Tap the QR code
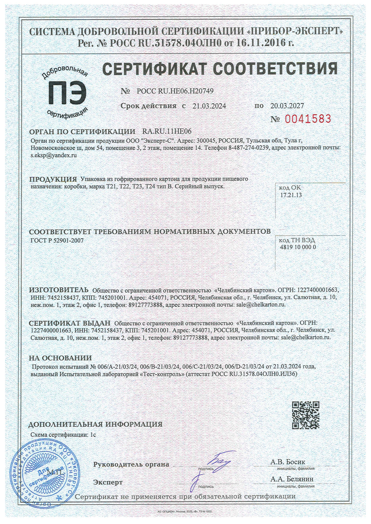coord(305,415)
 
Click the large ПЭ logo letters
coord(68,93)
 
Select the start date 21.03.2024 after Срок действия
coord(209,106)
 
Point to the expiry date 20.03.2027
coord(287,106)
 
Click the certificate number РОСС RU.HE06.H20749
coord(175,91)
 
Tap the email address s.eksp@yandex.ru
coord(54,155)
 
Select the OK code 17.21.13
coord(291,195)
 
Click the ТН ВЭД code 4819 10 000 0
coord(298,247)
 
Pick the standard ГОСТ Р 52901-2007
coord(57,240)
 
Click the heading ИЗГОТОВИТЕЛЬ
coord(59,290)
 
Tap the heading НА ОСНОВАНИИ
coord(60,358)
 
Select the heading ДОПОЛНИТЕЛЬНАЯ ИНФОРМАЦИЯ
coord(95,424)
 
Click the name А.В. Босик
coord(288,462)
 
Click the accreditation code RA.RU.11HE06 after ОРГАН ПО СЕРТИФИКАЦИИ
coord(167,131)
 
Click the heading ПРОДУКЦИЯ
coord(53,179)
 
